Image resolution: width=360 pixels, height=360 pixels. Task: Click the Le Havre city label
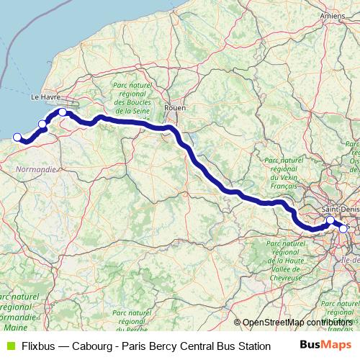pos(45,96)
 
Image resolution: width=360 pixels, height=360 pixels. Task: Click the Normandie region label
pos(35,169)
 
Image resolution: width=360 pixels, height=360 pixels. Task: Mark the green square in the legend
pos(9,346)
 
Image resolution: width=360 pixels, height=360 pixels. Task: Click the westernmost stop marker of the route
pos(17,136)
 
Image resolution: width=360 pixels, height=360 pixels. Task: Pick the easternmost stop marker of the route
pos(343,229)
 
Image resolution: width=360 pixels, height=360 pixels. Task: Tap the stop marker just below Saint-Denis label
pos(330,220)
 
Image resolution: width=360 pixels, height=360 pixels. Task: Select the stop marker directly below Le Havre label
pos(63,112)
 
